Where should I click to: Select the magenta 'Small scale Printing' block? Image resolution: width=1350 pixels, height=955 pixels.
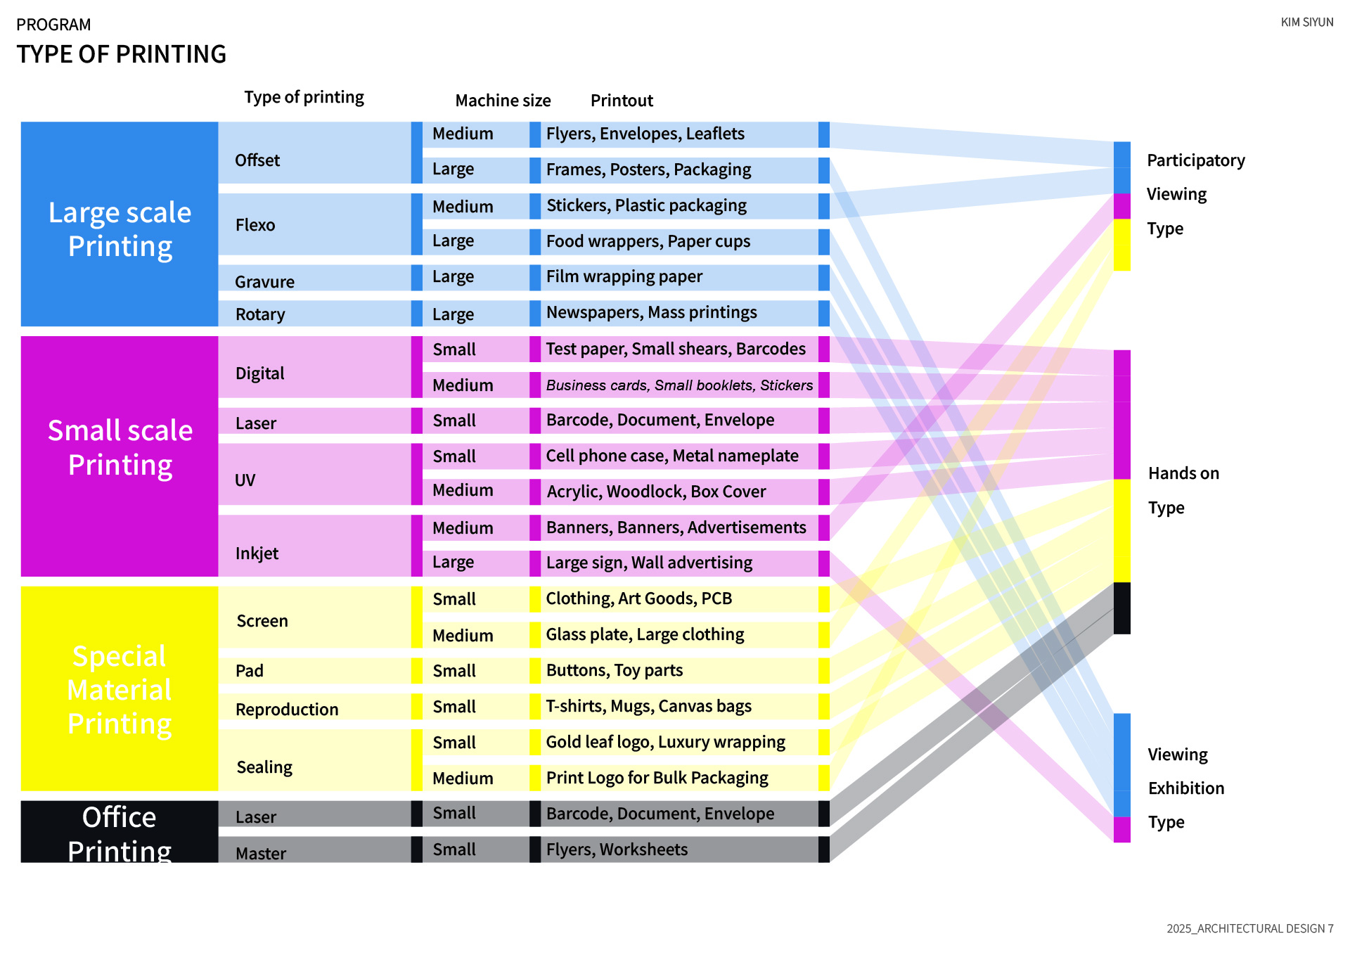[120, 456]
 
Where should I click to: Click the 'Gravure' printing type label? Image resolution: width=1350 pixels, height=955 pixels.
[264, 282]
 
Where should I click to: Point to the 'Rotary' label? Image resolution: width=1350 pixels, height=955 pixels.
[260, 314]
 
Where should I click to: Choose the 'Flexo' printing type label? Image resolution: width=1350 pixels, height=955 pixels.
[255, 225]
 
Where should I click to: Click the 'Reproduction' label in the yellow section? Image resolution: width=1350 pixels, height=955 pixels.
[287, 710]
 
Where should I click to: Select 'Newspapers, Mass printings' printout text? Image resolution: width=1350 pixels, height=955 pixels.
[651, 312]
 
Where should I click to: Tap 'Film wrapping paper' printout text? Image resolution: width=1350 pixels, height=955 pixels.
[624, 276]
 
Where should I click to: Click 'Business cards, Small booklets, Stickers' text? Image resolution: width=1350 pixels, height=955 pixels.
[679, 385]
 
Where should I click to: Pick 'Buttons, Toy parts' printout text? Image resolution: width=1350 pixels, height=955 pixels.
[614, 670]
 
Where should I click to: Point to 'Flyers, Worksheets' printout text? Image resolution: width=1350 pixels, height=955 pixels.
[617, 850]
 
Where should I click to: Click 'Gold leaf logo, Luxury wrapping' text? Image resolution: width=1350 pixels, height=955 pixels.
[665, 742]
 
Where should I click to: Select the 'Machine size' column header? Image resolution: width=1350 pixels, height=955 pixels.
[503, 101]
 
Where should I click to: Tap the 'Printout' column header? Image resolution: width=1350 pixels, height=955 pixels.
[622, 101]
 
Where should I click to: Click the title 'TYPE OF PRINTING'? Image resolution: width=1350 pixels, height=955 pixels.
[122, 54]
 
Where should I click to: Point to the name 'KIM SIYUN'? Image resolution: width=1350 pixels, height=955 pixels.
[1306, 23]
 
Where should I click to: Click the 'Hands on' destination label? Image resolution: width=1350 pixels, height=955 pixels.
[1183, 473]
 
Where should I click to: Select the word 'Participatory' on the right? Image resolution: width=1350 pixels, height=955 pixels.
[1195, 160]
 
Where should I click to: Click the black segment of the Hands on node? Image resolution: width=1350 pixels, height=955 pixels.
[1121, 608]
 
